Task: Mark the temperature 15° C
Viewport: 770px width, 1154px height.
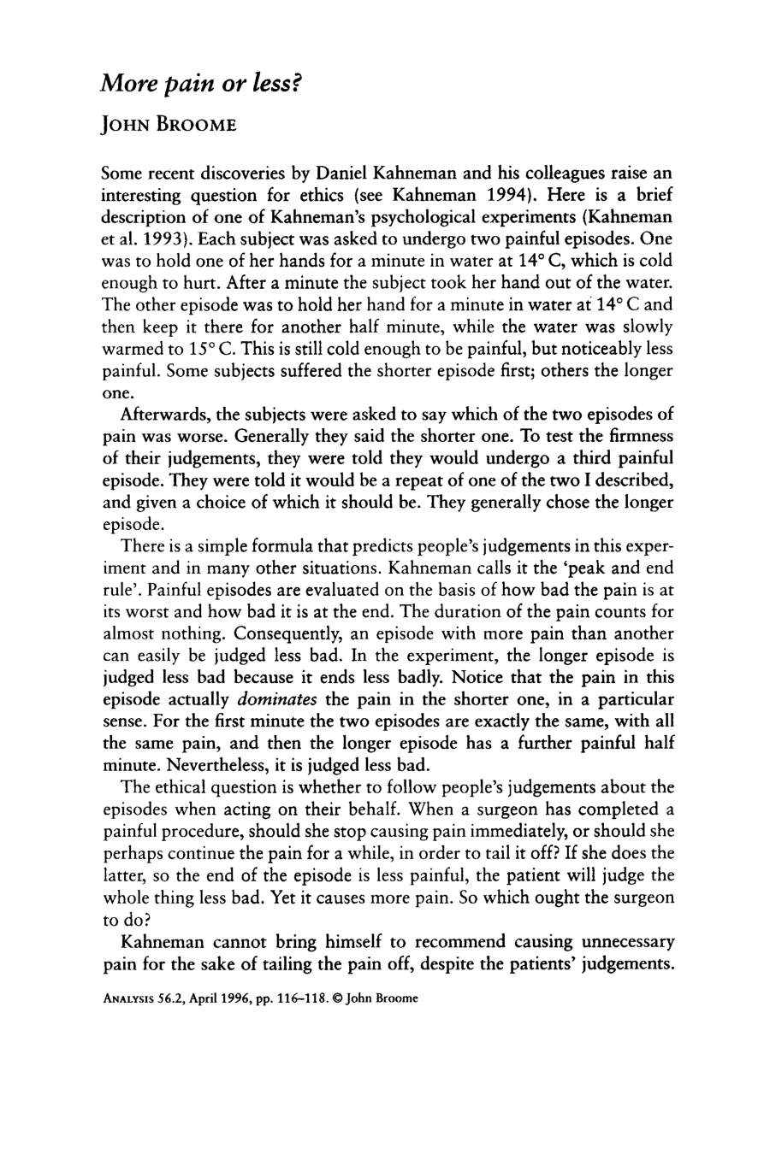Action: coord(210,349)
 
